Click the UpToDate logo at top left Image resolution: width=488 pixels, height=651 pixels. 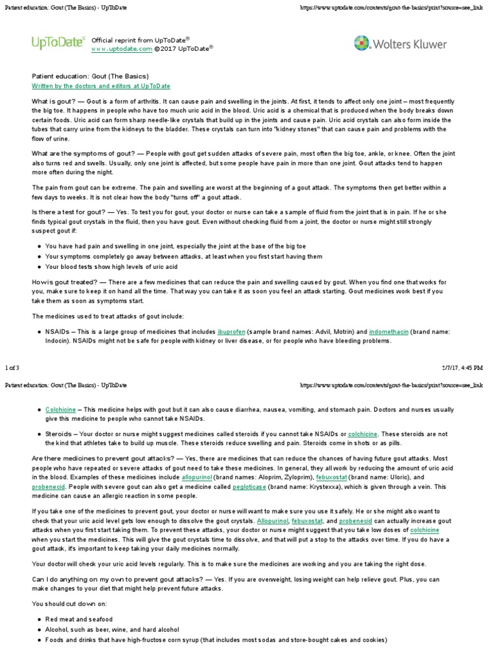pyautogui.click(x=58, y=43)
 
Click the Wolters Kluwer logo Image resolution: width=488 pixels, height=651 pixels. pyautogui.click(x=400, y=44)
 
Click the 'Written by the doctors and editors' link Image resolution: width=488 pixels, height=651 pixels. pyautogui.click(x=101, y=86)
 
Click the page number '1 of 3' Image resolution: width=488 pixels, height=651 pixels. pyautogui.click(x=13, y=367)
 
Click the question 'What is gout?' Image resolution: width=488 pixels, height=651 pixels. pyautogui.click(x=53, y=102)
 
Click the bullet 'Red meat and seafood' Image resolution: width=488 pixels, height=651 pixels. pyautogui.click(x=79, y=619)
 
